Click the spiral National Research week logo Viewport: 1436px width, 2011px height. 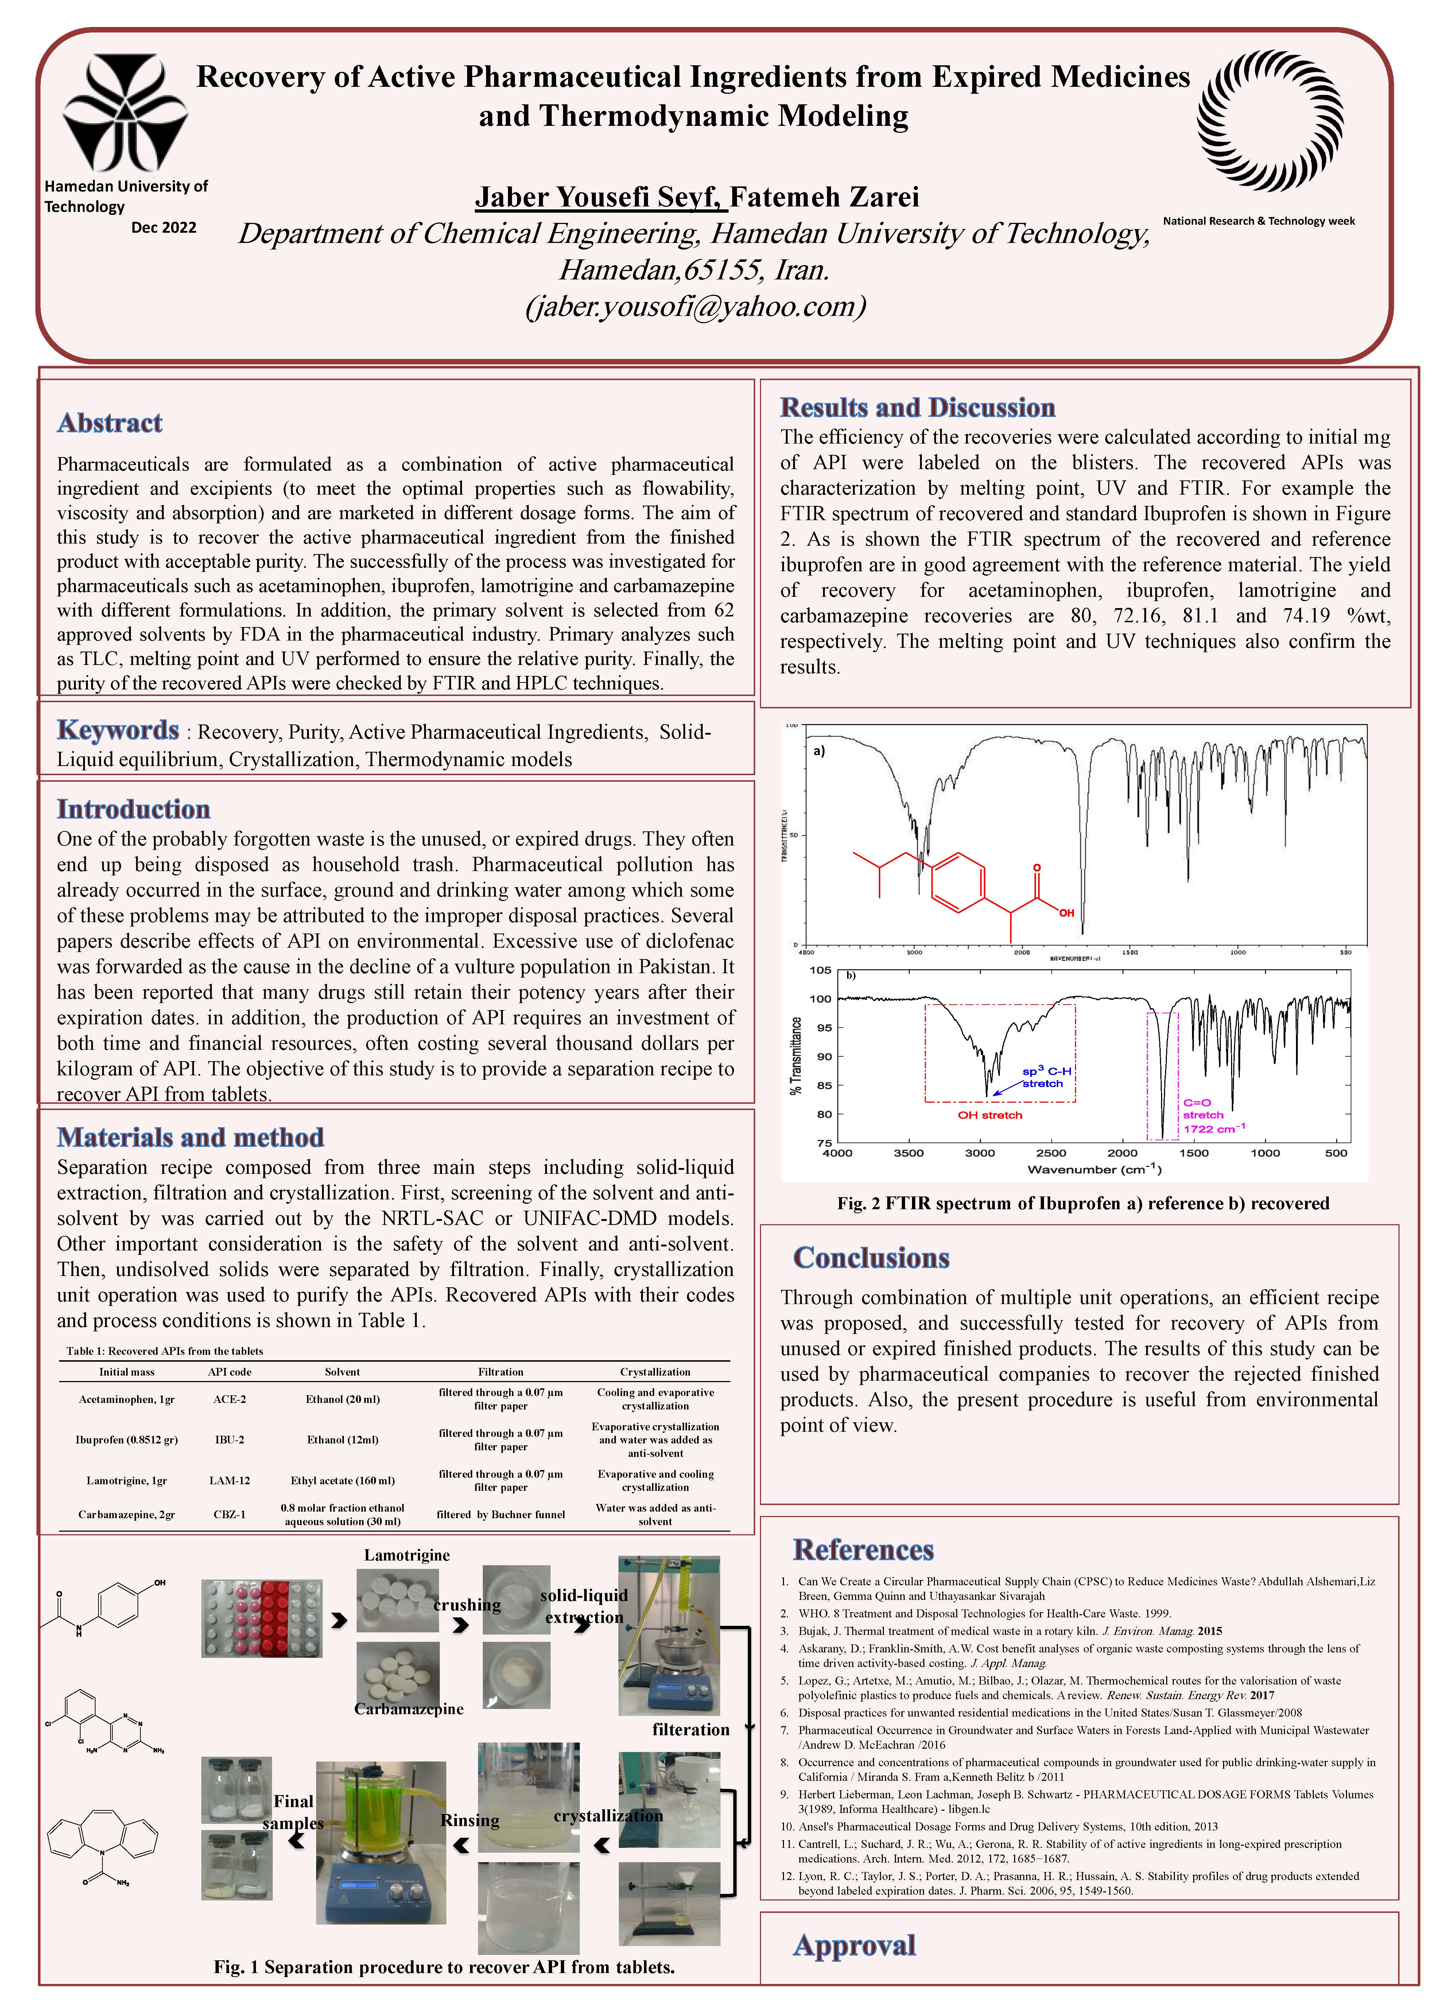1270,121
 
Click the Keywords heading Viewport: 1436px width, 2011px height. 118,731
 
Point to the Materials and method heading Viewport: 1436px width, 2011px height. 190,1137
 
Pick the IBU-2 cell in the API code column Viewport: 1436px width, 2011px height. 230,1440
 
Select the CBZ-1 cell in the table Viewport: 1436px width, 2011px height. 230,1514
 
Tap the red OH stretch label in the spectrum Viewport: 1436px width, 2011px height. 989,1115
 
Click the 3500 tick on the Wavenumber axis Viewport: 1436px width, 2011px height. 908,1153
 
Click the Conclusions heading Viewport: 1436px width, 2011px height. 871,1258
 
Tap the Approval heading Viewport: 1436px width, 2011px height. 854,1946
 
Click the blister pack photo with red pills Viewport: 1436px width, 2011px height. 262,1619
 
